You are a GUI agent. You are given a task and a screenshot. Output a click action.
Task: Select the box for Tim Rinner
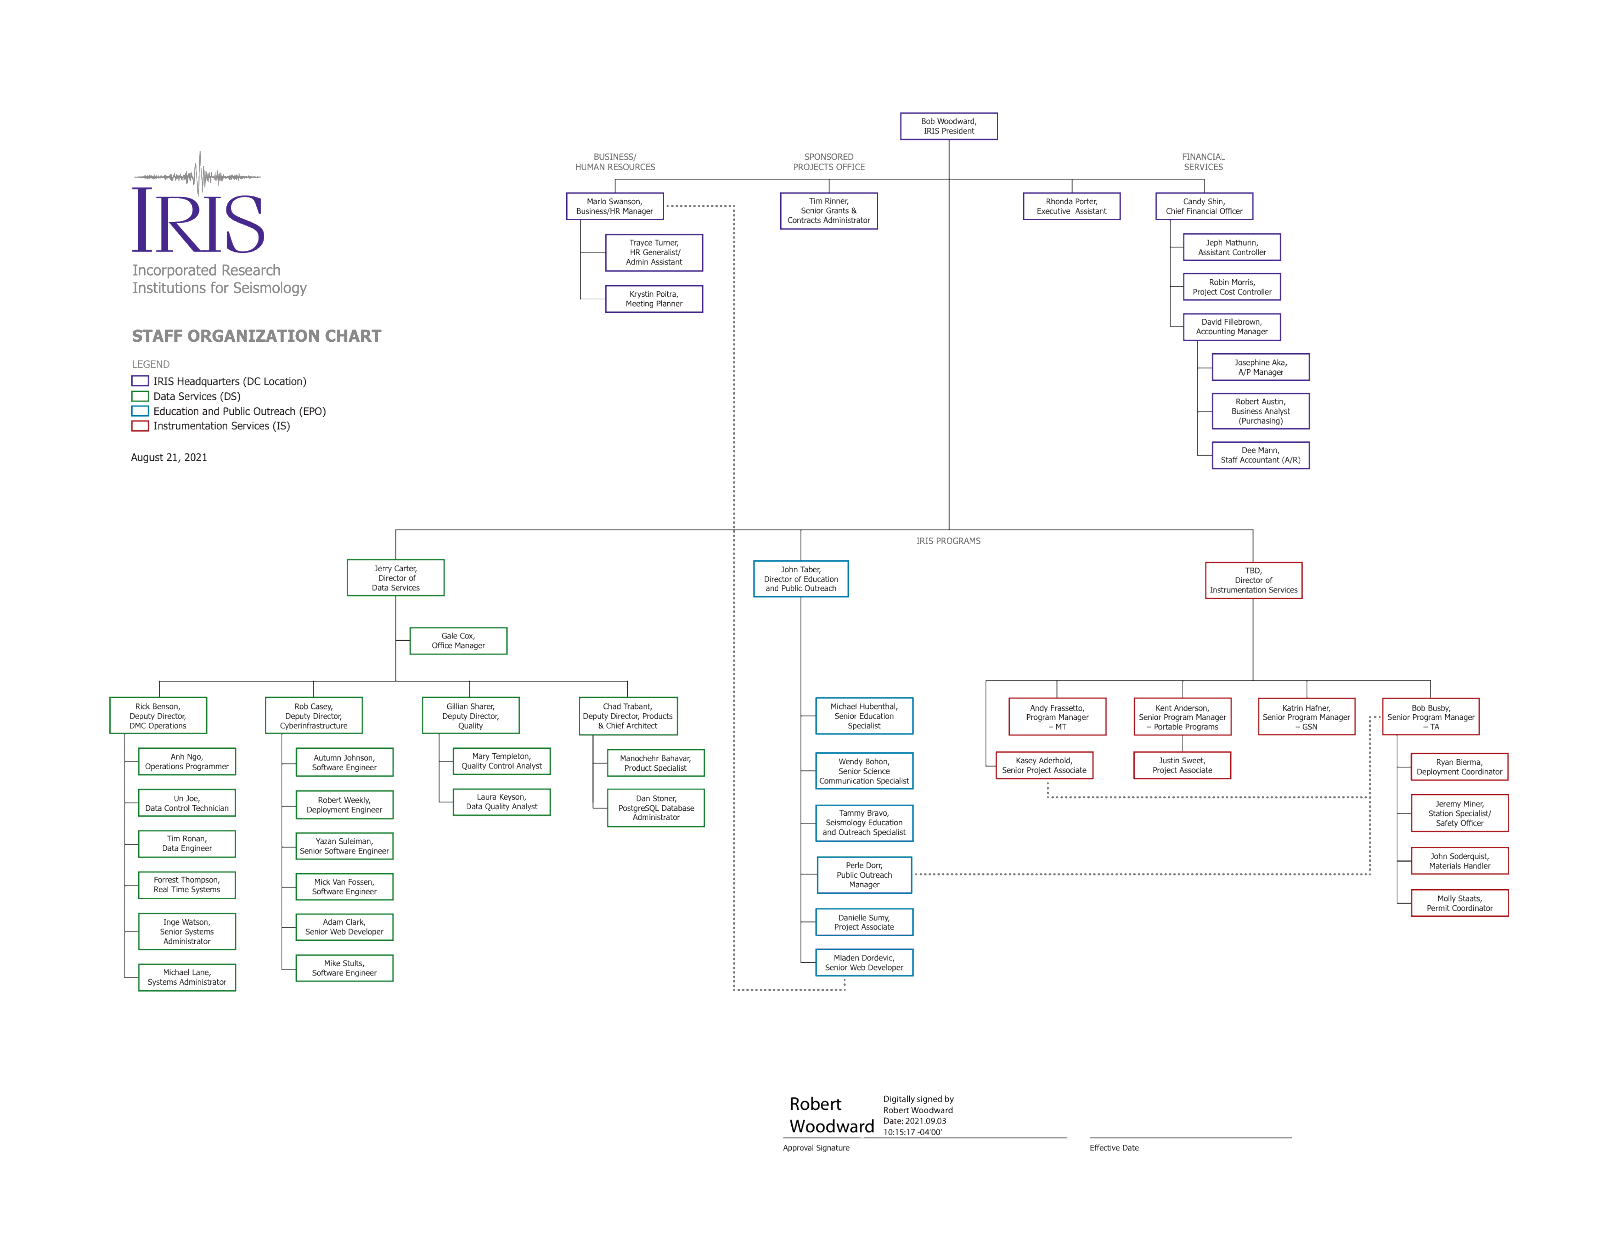[x=829, y=211]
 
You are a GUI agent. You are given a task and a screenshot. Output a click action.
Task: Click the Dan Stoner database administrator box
[x=655, y=808]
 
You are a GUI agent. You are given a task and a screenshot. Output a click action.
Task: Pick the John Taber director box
[x=800, y=579]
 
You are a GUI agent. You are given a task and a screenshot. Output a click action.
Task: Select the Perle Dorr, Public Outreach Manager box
[x=864, y=875]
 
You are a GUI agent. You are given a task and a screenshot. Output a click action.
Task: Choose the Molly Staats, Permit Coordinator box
[x=1459, y=903]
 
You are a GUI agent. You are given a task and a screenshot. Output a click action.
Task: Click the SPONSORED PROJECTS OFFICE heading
[x=828, y=162]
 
